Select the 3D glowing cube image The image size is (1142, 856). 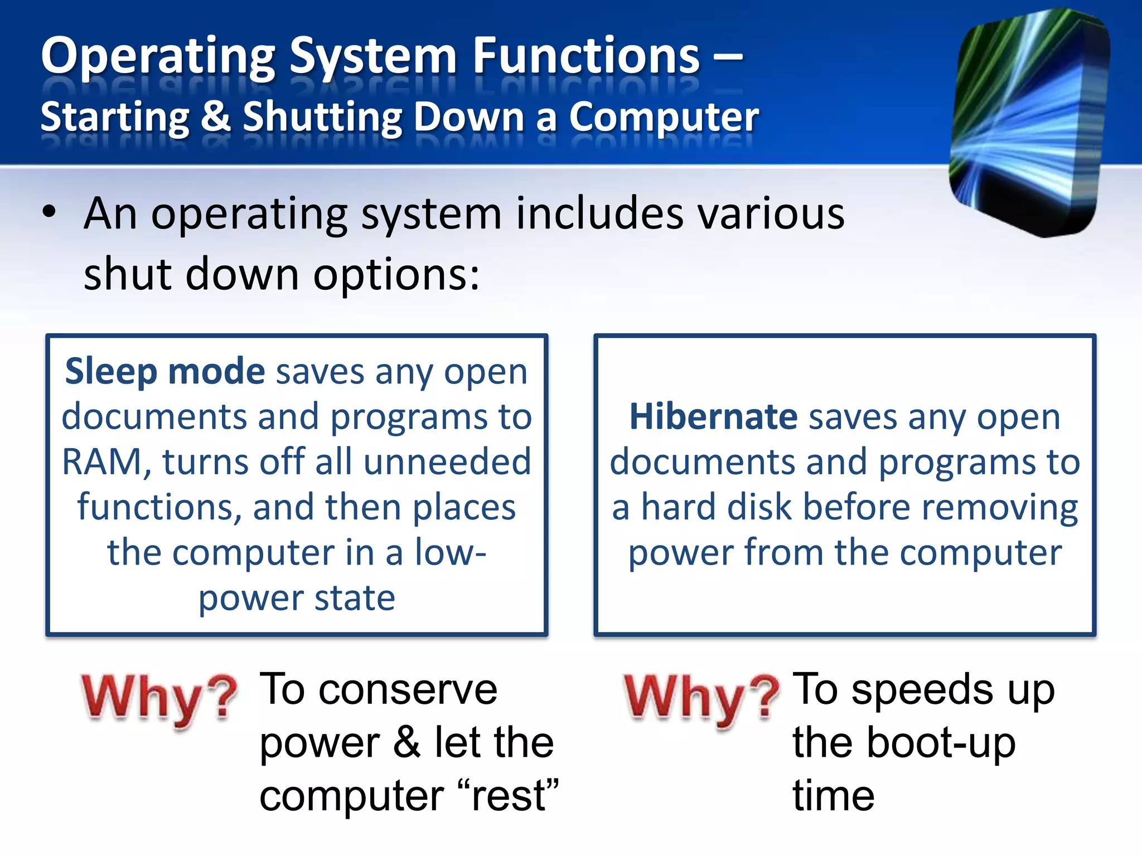pyautogui.click(x=1029, y=123)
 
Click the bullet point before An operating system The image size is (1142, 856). pyautogui.click(x=49, y=212)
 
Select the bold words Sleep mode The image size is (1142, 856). pyautogui.click(x=165, y=372)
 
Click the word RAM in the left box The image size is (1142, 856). pyautogui.click(x=102, y=463)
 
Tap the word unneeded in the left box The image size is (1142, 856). pyautogui.click(x=447, y=462)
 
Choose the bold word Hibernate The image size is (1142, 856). pyautogui.click(x=713, y=417)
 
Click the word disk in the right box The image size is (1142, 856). pyautogui.click(x=759, y=507)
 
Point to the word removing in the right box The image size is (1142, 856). pyautogui.click(x=999, y=508)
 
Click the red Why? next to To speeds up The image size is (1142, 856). pyautogui.click(x=701, y=698)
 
